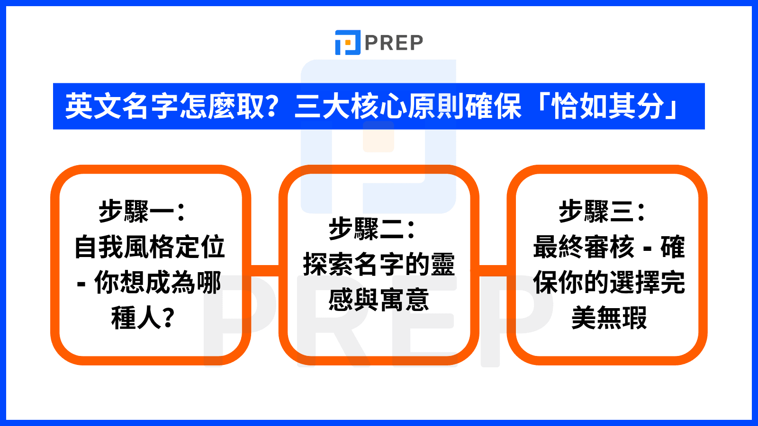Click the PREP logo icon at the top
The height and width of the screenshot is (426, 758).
pos(348,43)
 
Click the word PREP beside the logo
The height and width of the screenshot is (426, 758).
pos(394,43)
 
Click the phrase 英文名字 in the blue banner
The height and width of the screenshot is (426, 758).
pos(121,106)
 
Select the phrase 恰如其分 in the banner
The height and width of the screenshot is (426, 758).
pos(608,106)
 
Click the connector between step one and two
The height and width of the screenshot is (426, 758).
pos(265,271)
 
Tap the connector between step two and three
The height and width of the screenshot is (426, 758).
pos(493,271)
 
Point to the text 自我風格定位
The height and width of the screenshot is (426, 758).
pos(150,247)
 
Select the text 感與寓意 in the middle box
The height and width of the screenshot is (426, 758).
pos(379,300)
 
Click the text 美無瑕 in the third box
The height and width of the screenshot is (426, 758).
pos(609,318)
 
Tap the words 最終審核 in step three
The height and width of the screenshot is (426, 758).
pos(584,247)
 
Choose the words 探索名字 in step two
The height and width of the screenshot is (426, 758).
pos(353,265)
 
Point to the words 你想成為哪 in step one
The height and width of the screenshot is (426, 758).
pos(158,282)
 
